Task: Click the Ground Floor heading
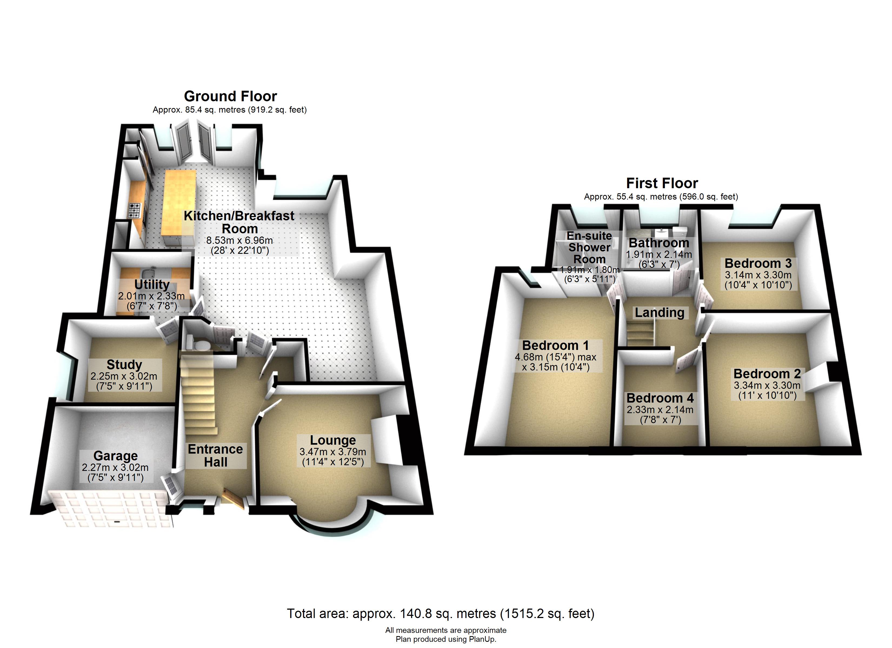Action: coord(231,96)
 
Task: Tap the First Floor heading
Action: coord(662,183)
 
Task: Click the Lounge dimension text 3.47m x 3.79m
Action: coord(333,452)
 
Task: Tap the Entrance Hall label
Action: coord(215,455)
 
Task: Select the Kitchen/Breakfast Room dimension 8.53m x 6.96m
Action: coord(239,240)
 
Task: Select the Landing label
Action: coord(660,313)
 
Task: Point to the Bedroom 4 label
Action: coord(660,398)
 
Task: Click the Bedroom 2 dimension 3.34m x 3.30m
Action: coord(767,385)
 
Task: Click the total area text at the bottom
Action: coord(441,614)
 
